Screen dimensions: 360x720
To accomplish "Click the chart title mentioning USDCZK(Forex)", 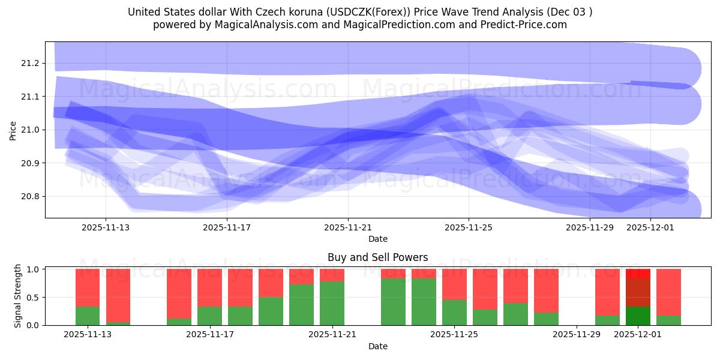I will tap(360, 12).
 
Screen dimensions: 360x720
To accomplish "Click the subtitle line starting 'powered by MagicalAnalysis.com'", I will tap(360, 25).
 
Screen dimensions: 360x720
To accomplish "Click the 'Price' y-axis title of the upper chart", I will tap(13, 130).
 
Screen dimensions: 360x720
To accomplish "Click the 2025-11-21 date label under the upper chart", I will tap(348, 227).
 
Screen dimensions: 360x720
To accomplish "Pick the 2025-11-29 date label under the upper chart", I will tap(590, 227).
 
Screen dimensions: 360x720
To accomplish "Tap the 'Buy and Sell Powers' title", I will tap(377, 257).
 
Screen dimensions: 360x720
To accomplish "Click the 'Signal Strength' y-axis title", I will tap(18, 296).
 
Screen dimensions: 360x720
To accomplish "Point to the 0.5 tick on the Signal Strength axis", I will tap(34, 298).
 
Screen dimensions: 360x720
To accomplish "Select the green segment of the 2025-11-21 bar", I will tap(332, 303).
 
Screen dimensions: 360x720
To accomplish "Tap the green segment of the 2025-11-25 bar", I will tap(454, 312).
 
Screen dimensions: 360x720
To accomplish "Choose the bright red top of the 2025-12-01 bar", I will tap(638, 273).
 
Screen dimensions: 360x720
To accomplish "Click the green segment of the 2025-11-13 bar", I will tap(88, 316).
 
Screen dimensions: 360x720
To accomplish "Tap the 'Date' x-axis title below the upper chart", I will tap(377, 239).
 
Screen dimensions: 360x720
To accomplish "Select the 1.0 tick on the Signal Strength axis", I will tap(34, 269).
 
